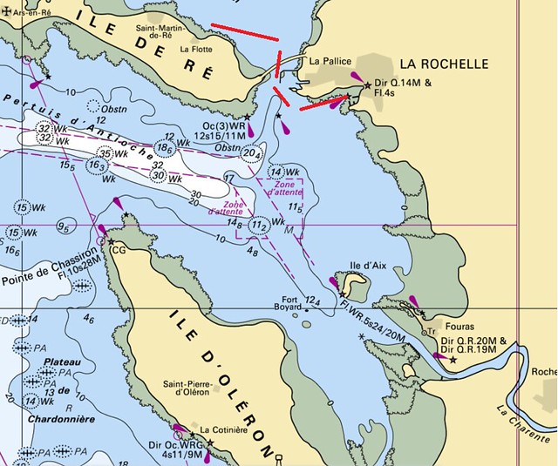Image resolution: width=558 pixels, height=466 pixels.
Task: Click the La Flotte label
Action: tap(195, 51)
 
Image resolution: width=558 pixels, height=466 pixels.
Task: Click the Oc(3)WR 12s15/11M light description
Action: tap(222, 131)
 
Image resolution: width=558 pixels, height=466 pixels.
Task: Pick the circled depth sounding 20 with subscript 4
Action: tap(252, 154)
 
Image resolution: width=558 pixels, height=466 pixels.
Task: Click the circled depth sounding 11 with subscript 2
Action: tap(258, 226)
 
